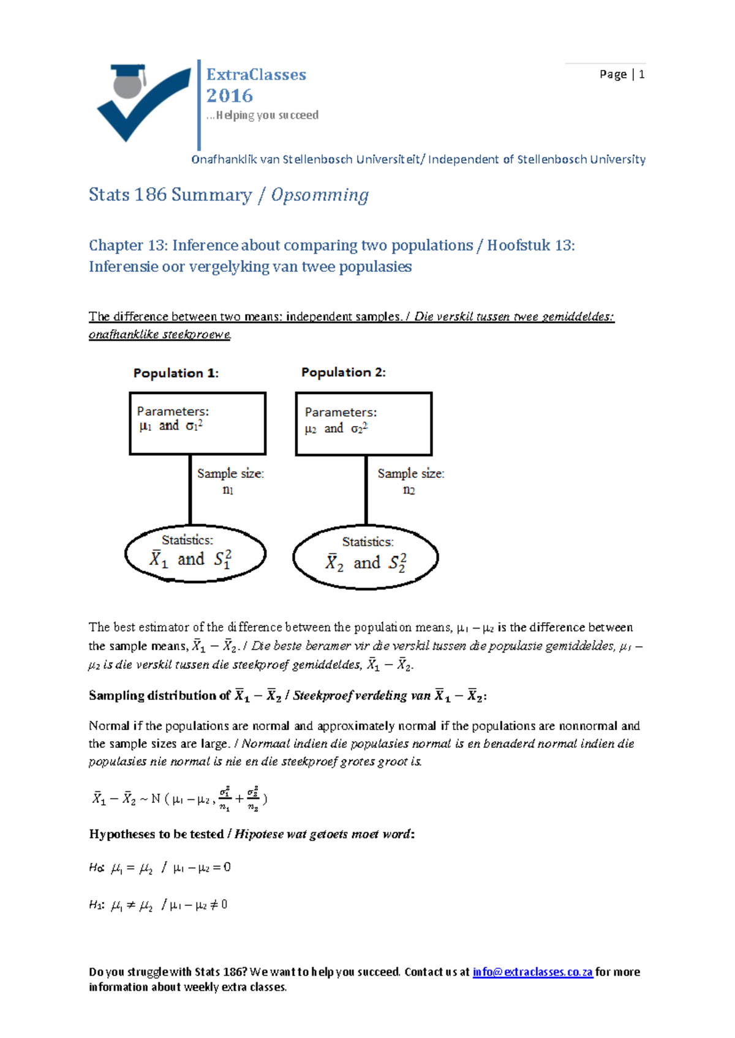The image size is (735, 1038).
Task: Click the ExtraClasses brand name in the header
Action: click(256, 75)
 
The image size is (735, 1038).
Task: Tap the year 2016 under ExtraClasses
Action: click(230, 96)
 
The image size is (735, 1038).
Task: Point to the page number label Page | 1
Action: click(621, 75)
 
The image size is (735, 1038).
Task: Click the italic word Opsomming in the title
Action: click(320, 195)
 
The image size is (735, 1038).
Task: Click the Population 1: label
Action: click(176, 373)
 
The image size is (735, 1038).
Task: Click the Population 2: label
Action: click(343, 372)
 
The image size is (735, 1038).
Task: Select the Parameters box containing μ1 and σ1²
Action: click(197, 424)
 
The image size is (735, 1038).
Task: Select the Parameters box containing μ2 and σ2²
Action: click(364, 424)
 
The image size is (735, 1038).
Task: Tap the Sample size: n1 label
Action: click(230, 481)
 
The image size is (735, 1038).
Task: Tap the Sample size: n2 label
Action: click(410, 481)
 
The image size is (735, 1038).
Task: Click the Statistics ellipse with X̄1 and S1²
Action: click(195, 553)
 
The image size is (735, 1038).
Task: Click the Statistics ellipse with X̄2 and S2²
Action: click(366, 557)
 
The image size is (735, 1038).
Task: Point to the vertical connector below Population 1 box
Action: click(190, 490)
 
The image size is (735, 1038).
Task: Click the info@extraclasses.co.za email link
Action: click(532, 972)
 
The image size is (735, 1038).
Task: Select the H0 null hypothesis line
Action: click(160, 867)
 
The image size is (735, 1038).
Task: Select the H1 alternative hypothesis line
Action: click(159, 905)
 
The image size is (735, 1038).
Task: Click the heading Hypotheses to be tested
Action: click(156, 834)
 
